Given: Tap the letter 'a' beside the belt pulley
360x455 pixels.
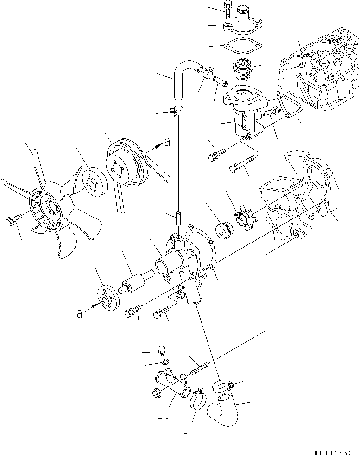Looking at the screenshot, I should [x=167, y=143].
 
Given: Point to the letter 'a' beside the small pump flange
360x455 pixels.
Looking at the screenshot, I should [x=79, y=314].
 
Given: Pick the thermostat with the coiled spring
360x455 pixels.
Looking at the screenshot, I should [x=242, y=70].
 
